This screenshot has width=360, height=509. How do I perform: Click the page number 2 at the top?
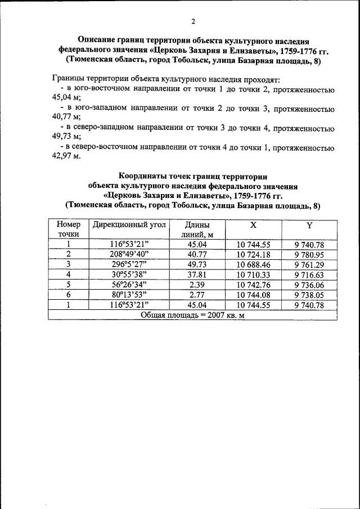(192, 22)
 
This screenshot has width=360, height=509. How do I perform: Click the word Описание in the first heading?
(97, 41)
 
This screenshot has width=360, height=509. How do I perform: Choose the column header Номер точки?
(68, 229)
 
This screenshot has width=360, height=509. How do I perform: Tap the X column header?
(254, 225)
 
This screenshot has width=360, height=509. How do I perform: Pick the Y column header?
(309, 225)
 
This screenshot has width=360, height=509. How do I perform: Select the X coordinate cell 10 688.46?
(254, 264)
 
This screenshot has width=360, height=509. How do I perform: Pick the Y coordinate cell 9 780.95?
(309, 254)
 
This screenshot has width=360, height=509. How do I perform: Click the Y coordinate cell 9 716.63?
(309, 274)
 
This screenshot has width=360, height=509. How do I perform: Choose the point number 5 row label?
(68, 285)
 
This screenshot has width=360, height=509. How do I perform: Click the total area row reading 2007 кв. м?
(192, 315)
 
